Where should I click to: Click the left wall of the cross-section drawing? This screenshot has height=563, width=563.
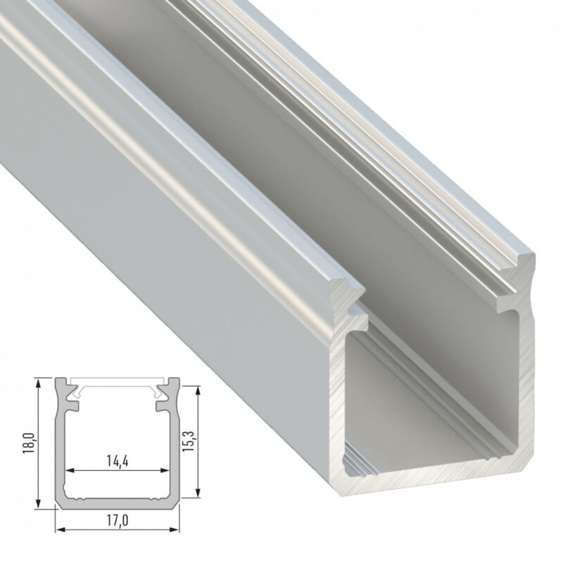click(61, 450)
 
